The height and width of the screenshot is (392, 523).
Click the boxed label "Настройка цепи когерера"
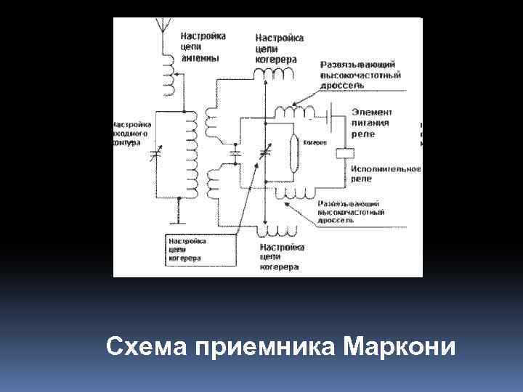(x=188, y=249)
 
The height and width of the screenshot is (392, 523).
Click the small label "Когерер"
(x=314, y=142)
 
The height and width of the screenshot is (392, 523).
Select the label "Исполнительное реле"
(x=384, y=173)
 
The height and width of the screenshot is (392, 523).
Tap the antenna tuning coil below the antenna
(x=170, y=76)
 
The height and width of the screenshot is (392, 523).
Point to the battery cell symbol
(x=331, y=115)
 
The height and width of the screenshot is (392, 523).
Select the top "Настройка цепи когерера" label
(x=279, y=48)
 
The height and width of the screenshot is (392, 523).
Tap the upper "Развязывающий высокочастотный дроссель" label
(x=360, y=75)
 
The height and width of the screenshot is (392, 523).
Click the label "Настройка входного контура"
(x=131, y=134)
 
